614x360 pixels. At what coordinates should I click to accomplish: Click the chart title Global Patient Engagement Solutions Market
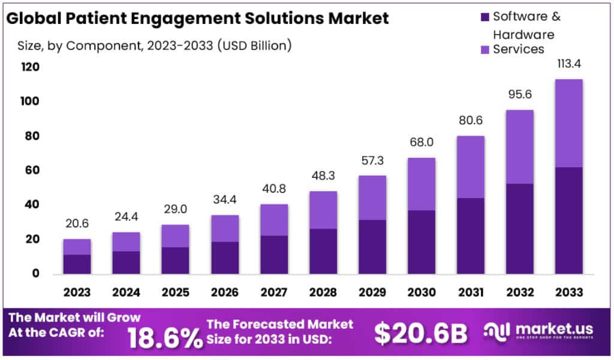point(197,18)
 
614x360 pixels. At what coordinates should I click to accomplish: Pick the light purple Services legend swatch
point(484,49)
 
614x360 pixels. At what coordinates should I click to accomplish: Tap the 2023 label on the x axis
point(77,292)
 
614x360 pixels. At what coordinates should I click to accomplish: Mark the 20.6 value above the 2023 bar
point(77,224)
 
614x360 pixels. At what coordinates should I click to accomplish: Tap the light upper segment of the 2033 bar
point(568,123)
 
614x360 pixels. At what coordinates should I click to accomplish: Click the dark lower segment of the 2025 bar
point(175,260)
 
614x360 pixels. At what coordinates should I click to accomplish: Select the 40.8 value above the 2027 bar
point(273,189)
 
